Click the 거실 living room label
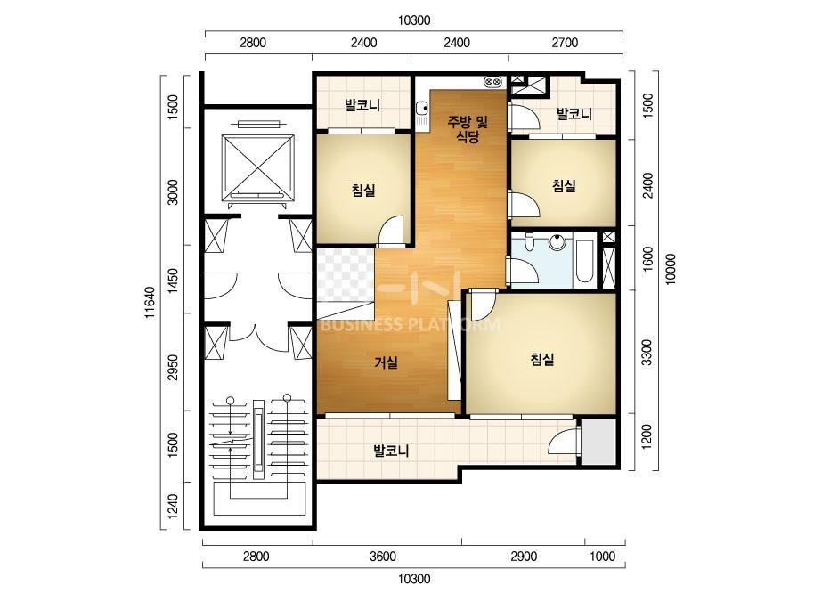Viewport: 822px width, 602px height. click(x=386, y=362)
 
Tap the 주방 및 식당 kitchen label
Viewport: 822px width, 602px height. click(x=468, y=129)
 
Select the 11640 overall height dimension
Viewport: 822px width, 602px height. click(x=150, y=303)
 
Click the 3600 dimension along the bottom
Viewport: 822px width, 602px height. click(x=383, y=557)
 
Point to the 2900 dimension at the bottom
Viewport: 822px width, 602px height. click(x=524, y=557)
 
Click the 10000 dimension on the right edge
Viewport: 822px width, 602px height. click(x=671, y=270)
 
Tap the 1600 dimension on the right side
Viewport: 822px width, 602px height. click(x=647, y=258)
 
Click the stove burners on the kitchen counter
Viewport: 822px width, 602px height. click(x=492, y=81)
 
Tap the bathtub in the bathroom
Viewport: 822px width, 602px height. click(x=584, y=261)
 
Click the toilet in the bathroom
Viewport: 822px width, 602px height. click(x=529, y=241)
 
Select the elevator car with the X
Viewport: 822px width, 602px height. click(x=257, y=164)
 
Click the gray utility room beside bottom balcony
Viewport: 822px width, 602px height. click(x=598, y=442)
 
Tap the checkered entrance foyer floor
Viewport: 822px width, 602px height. click(x=345, y=275)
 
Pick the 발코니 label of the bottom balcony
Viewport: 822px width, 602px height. click(x=391, y=451)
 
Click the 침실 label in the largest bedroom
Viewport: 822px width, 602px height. click(x=542, y=360)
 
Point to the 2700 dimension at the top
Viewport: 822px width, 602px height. click(x=565, y=43)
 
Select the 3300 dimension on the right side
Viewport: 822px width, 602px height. click(x=647, y=353)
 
